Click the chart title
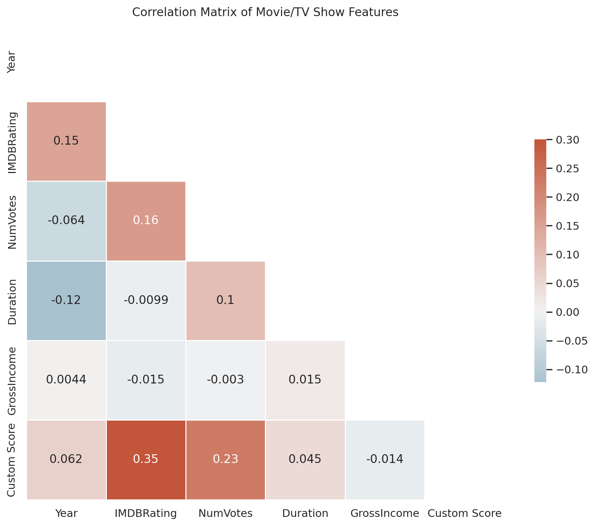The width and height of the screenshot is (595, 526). click(x=265, y=12)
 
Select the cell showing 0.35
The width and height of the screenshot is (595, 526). click(x=146, y=459)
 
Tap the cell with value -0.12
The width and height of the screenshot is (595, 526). click(x=66, y=300)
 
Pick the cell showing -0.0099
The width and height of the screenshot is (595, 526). click(x=146, y=300)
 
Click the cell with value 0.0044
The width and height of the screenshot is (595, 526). click(x=66, y=380)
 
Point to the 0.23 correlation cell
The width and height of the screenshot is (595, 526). click(x=226, y=459)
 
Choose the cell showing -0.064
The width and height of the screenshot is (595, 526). click(x=66, y=221)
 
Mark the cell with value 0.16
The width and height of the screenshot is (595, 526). click(x=146, y=221)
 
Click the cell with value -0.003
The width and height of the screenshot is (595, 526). click(x=226, y=380)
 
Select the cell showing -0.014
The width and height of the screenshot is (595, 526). click(x=385, y=459)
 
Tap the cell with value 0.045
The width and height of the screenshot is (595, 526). click(x=305, y=459)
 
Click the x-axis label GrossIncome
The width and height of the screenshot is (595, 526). click(x=385, y=513)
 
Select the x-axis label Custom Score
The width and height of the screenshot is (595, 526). click(x=465, y=513)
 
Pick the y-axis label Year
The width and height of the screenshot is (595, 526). click(x=12, y=62)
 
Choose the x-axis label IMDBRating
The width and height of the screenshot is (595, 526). click(x=146, y=513)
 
